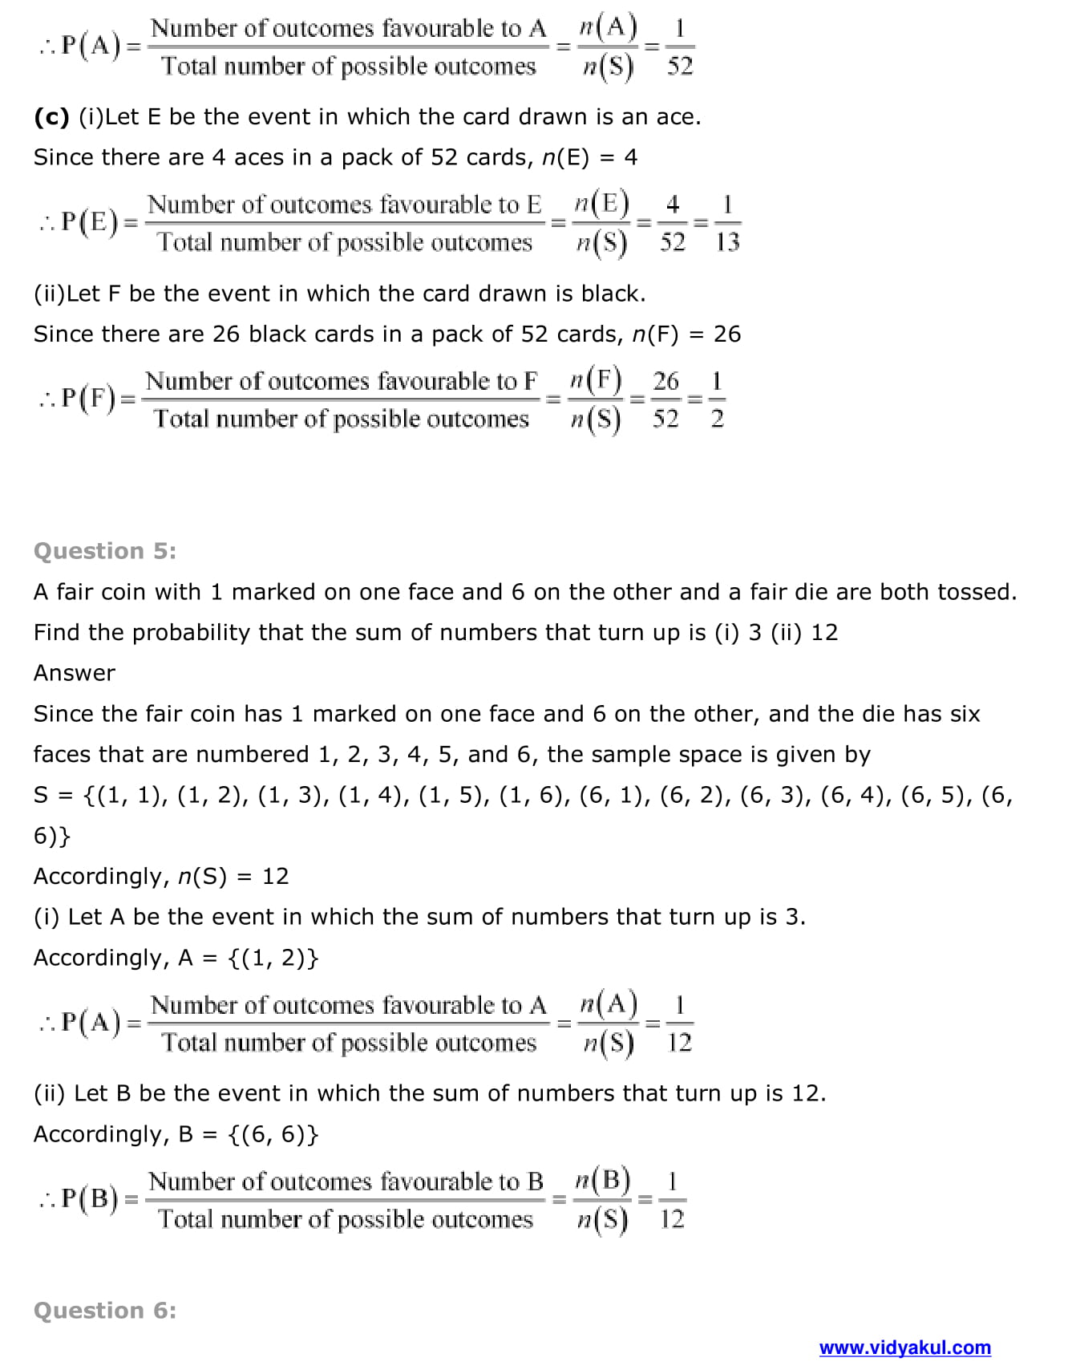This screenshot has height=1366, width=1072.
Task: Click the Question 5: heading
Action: click(105, 551)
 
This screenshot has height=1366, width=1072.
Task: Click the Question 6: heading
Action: click(105, 1310)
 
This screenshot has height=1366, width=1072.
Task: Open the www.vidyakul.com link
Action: click(904, 1347)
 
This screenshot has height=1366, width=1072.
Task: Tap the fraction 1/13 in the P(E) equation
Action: click(727, 223)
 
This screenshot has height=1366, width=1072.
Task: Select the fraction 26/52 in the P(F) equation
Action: click(665, 399)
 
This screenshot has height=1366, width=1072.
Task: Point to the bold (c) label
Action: click(52, 117)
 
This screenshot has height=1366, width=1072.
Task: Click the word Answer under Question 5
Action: click(75, 672)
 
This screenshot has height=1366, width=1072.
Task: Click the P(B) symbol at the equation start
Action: click(90, 1198)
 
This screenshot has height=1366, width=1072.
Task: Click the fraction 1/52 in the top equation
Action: click(679, 47)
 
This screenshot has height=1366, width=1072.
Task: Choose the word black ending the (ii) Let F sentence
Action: click(613, 294)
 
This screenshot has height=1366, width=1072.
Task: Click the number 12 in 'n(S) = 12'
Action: click(275, 876)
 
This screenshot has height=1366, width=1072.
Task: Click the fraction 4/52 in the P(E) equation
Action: click(672, 223)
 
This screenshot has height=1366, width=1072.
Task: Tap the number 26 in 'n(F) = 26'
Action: click(726, 334)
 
